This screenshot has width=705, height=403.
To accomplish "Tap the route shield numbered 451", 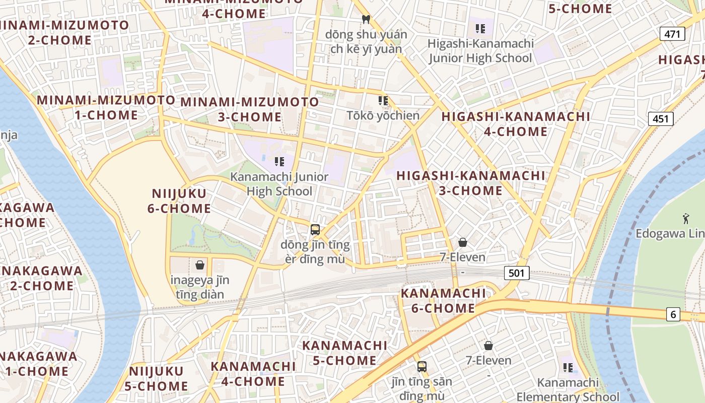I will point(660,119).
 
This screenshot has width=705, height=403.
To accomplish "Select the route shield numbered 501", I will point(516,274).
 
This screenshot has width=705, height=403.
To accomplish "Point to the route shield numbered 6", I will point(673,315).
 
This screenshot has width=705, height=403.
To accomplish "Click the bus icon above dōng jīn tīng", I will point(315,230).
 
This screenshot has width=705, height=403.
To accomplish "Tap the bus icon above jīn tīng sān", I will point(422,367).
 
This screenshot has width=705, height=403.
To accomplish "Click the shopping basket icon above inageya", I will point(200,265).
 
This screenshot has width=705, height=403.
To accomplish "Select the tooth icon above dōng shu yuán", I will point(366,20).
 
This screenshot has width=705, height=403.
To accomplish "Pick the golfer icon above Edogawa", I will point(685,219).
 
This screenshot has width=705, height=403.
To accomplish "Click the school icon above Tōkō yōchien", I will point(383,101).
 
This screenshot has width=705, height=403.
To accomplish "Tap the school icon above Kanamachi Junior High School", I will point(279,162).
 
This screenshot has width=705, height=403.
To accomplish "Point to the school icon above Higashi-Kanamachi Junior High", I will point(480,29).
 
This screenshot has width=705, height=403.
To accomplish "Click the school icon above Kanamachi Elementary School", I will point(568,368).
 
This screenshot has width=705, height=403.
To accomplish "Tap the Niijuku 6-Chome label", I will point(179,201).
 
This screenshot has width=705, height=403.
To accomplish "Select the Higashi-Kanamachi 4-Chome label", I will point(516,124).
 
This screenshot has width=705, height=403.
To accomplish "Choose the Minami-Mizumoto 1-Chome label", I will point(106,107).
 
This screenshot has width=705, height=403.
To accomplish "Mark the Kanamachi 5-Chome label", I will point(344,353).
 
